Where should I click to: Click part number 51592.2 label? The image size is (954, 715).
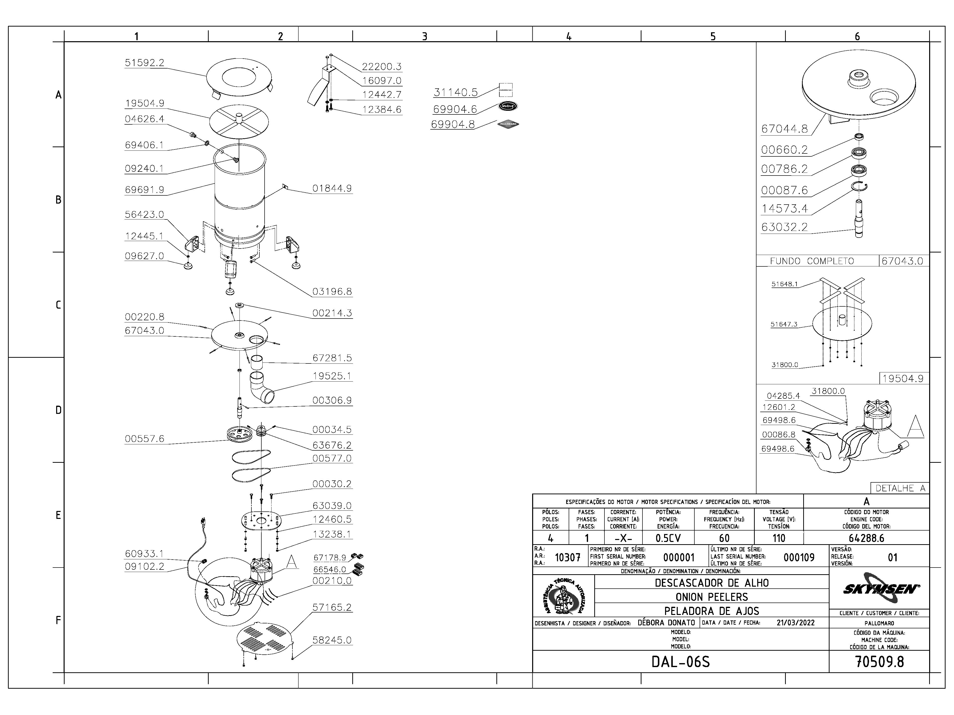(x=145, y=63)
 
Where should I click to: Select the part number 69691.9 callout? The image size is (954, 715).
(x=145, y=190)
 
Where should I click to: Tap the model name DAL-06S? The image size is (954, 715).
(x=680, y=662)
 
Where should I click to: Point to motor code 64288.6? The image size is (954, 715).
(x=867, y=538)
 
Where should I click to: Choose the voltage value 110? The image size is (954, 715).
(x=779, y=538)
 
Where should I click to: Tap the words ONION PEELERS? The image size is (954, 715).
(x=712, y=597)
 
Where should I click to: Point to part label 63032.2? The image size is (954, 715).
(x=784, y=227)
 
